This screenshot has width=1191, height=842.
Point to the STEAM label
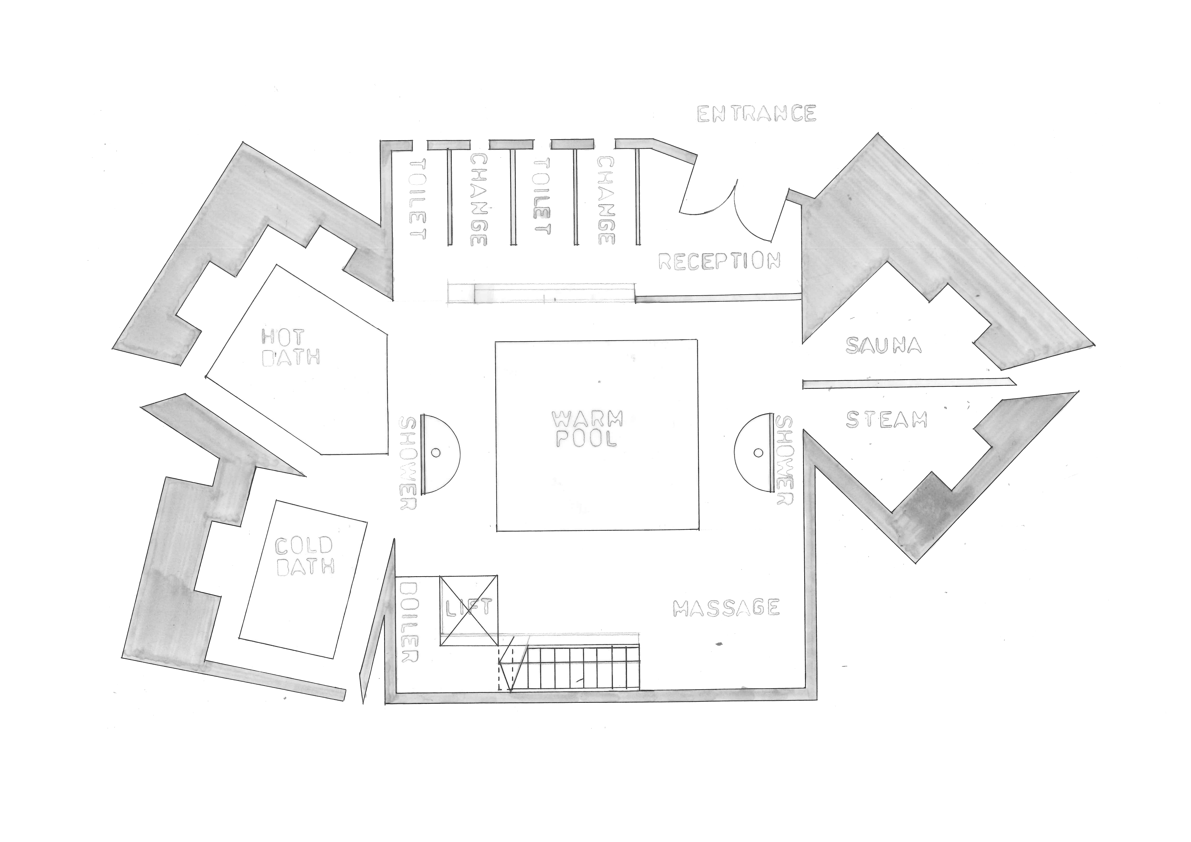pyautogui.click(x=886, y=420)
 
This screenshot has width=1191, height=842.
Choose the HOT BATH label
pyautogui.click(x=290, y=347)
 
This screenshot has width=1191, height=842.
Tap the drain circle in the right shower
pyautogui.click(x=758, y=453)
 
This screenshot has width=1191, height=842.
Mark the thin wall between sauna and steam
pyautogui.click(x=908, y=383)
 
